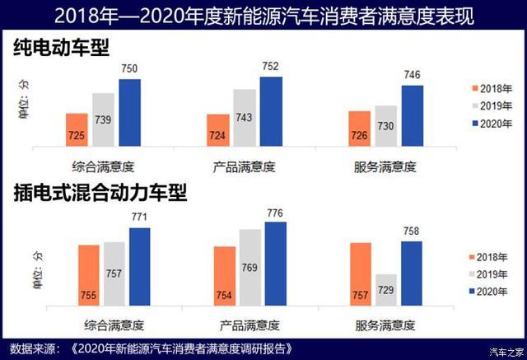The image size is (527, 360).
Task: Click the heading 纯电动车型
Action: click(62, 48)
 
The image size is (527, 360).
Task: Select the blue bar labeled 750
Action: click(129, 114)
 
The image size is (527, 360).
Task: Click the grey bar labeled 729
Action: click(386, 290)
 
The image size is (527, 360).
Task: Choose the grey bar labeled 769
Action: click(250, 268)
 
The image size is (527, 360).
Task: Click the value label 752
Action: click(271, 67)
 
